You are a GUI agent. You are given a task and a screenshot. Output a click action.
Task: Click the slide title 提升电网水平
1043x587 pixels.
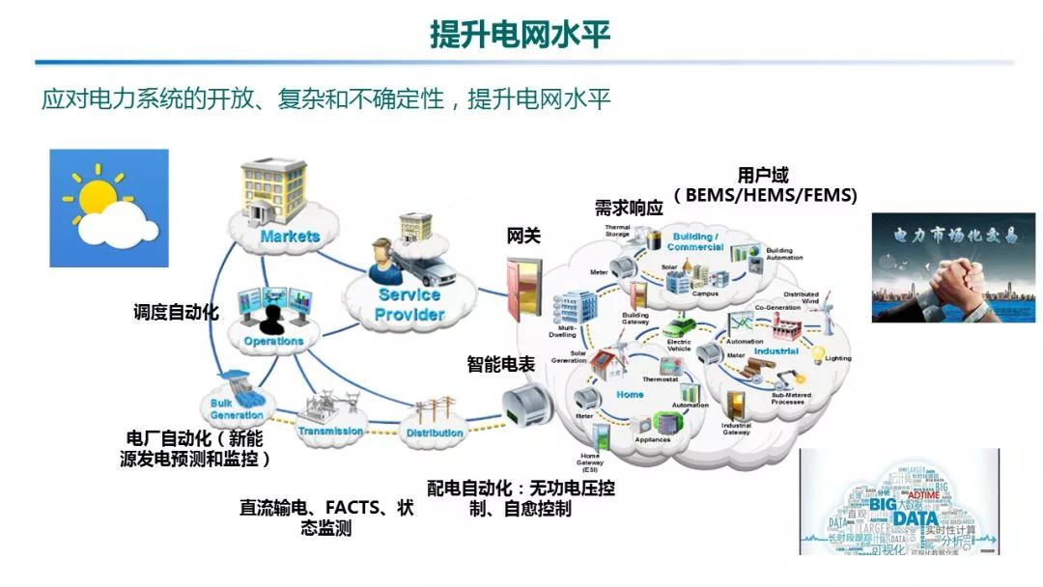click(521, 35)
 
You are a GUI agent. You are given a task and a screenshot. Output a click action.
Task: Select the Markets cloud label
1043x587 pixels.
click(289, 236)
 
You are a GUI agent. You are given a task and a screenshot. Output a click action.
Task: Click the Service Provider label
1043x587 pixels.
click(410, 305)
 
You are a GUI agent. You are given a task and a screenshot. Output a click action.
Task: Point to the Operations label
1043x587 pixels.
click(273, 341)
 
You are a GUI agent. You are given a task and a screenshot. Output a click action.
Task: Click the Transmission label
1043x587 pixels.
click(330, 431)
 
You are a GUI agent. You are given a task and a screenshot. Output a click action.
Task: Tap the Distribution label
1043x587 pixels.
click(435, 433)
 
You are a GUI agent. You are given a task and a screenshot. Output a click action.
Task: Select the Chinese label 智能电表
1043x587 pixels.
click(500, 364)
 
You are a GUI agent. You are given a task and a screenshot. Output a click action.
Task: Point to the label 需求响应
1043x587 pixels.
click(629, 208)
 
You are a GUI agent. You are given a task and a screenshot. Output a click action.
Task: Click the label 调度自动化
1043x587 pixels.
click(176, 312)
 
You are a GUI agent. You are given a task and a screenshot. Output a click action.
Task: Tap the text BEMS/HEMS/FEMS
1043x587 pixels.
click(771, 196)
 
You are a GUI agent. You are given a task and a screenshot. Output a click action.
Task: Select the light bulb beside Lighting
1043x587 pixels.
click(816, 354)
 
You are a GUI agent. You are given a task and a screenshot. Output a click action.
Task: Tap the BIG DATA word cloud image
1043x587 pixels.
click(898, 501)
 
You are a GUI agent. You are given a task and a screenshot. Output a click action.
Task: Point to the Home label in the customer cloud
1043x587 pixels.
click(630, 394)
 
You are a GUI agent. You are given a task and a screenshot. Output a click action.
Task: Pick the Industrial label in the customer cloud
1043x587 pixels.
click(775, 352)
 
